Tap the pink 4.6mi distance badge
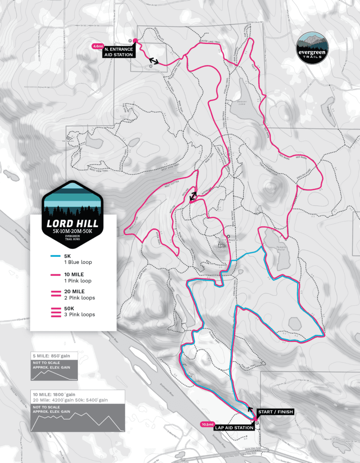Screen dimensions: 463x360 (98, 46)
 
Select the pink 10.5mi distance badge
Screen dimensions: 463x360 (207, 425)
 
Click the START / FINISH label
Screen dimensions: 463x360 (276, 412)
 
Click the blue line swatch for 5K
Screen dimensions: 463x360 (56, 256)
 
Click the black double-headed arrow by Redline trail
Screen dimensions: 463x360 (193, 196)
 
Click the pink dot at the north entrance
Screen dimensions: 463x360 (135, 40)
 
